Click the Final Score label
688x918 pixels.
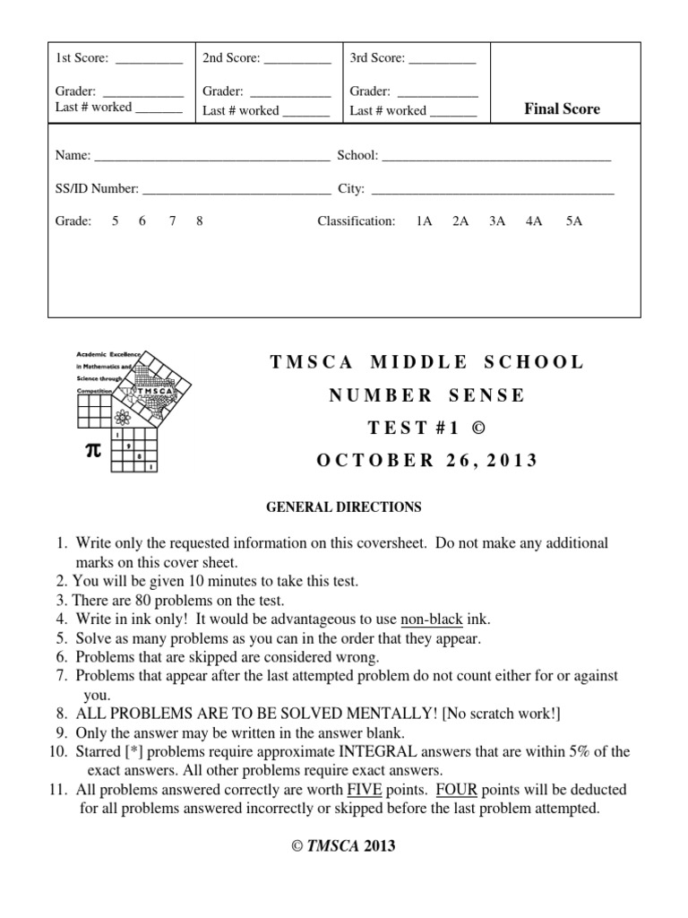click(562, 109)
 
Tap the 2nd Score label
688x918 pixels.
click(231, 58)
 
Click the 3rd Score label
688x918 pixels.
click(377, 58)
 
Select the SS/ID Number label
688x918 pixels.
click(97, 189)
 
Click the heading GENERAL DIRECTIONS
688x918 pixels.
click(344, 507)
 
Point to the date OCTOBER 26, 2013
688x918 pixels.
click(427, 461)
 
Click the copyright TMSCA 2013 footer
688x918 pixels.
click(344, 845)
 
